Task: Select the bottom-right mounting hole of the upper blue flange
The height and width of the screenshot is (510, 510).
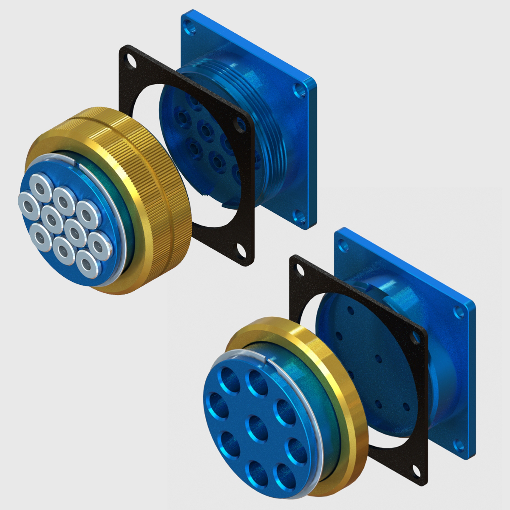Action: click(303, 219)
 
